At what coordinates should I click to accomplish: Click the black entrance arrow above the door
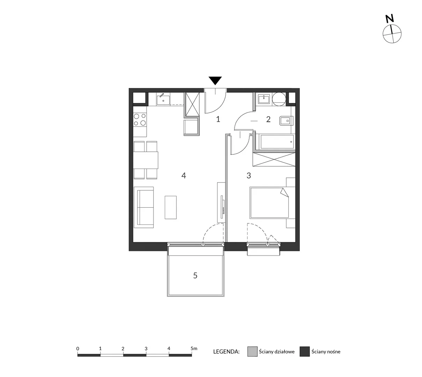point(215,80)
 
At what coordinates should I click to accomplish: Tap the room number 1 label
point(218,119)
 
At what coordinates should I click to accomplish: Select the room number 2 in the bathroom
point(268,119)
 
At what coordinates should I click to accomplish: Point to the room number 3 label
point(249,176)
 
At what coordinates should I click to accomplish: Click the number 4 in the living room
point(184,176)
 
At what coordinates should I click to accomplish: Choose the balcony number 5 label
point(195,275)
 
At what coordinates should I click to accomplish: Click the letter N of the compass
point(390,19)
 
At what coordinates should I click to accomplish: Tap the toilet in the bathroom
point(286,121)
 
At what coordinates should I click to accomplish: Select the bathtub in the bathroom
point(276,142)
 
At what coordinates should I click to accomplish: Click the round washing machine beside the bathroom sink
point(279,99)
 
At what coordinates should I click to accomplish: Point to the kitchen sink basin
point(163,99)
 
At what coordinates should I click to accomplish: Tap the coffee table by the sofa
point(171,207)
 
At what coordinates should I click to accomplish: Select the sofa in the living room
point(143,207)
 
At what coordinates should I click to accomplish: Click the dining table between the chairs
point(146,160)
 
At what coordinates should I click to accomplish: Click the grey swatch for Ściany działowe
point(252,352)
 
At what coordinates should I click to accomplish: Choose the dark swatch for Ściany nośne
point(304,352)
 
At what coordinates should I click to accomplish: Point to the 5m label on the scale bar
point(194,348)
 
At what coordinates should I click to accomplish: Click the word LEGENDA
point(226,352)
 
